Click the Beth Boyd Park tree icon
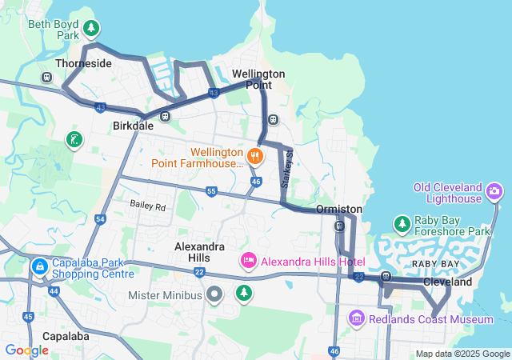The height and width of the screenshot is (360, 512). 92,30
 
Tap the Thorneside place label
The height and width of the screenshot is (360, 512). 82,62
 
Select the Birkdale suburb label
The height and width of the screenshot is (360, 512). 133,126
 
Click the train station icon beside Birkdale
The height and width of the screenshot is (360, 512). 166,116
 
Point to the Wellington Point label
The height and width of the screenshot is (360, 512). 258,79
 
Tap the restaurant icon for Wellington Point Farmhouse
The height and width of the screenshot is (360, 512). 255,155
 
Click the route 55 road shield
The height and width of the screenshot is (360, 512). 211,191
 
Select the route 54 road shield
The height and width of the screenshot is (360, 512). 100,218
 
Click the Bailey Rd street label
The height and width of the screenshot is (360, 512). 147,206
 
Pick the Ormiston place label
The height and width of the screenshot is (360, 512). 339,209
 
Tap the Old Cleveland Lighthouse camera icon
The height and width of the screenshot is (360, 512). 495,191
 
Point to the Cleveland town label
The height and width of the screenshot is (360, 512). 448,282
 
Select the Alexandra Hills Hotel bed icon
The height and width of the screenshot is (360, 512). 248,261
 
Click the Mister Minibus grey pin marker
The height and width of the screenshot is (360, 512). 214,294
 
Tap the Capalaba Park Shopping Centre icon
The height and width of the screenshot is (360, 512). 38,266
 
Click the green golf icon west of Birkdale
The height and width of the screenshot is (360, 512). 74,140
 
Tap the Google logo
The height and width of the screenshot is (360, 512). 26,350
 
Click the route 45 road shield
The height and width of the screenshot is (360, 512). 28,317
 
